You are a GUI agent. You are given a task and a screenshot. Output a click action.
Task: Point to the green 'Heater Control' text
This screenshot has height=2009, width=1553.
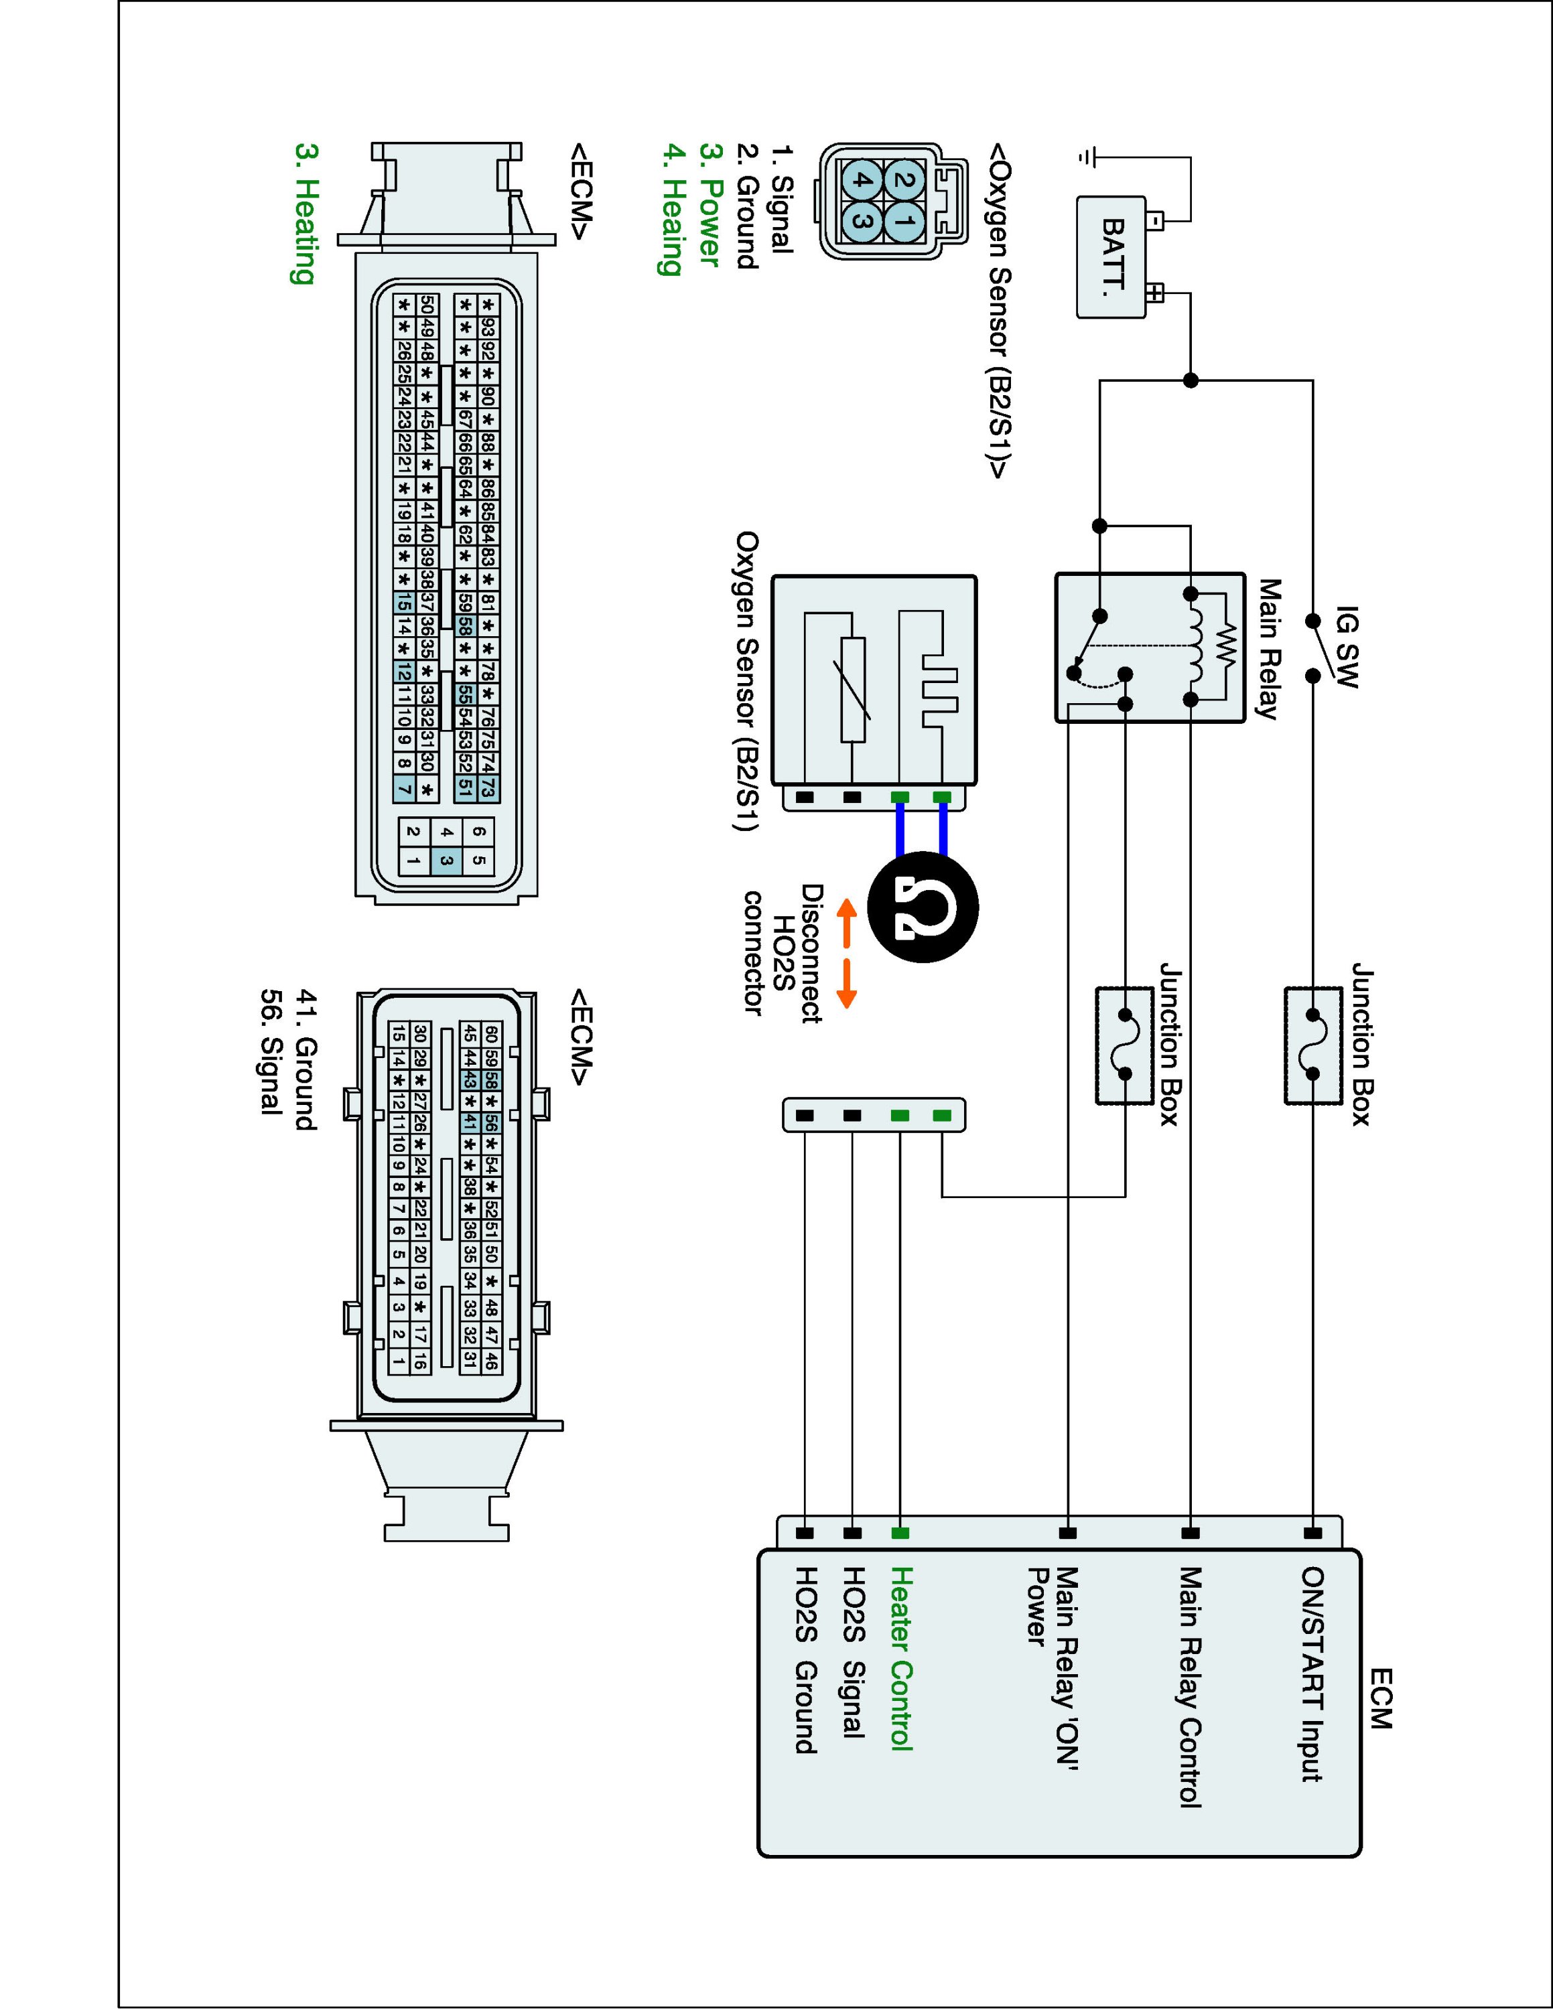[x=900, y=1671]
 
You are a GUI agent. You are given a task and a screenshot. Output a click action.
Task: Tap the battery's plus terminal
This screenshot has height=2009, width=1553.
[x=1156, y=293]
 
